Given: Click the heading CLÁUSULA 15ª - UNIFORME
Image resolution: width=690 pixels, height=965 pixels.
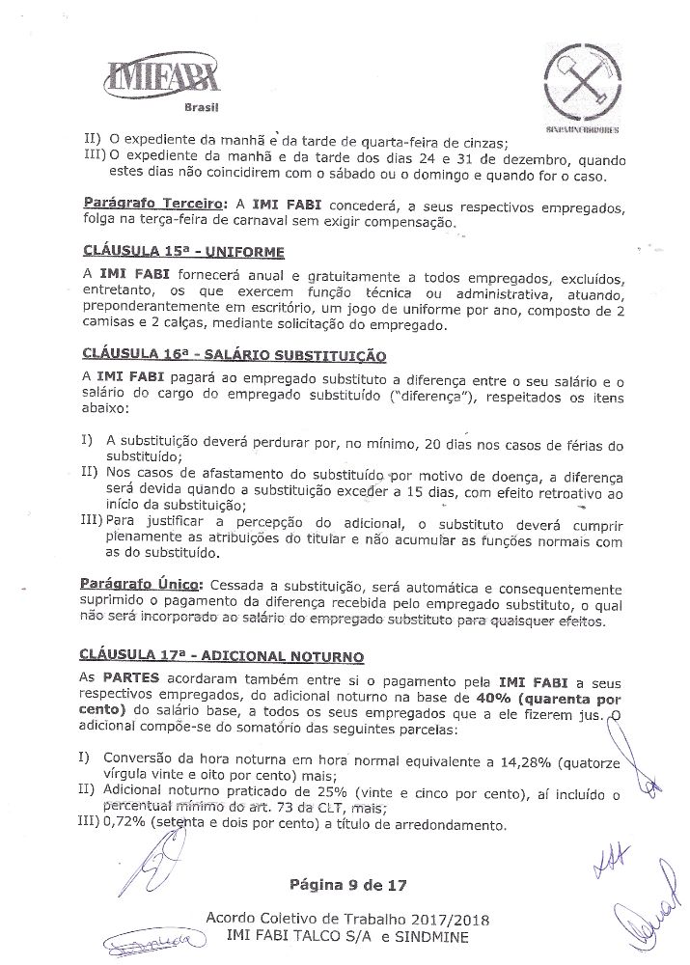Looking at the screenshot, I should coord(183,251).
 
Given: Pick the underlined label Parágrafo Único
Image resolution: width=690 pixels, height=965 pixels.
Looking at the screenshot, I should coord(139,585).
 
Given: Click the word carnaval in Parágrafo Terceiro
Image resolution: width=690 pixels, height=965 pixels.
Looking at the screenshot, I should coord(276,221).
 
